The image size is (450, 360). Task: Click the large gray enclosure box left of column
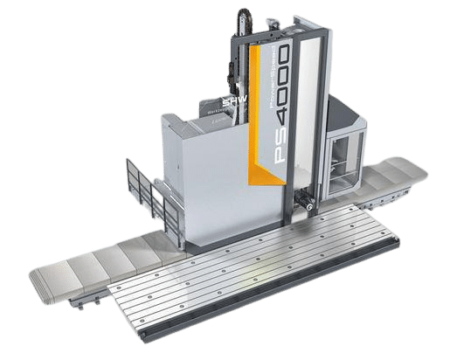coord(188,175)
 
